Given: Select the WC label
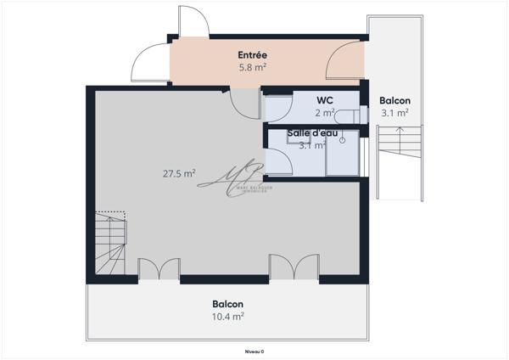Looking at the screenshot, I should (x=323, y=100).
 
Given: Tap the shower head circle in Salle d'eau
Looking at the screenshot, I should (x=343, y=142).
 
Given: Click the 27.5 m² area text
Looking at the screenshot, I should (x=179, y=173).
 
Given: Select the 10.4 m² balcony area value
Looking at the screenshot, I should (x=228, y=316).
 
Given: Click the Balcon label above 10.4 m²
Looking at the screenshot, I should (x=228, y=304).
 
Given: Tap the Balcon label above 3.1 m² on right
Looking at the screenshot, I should (x=394, y=99).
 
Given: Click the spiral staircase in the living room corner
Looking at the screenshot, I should (x=109, y=242).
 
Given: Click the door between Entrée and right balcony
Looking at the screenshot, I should (x=343, y=59).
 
